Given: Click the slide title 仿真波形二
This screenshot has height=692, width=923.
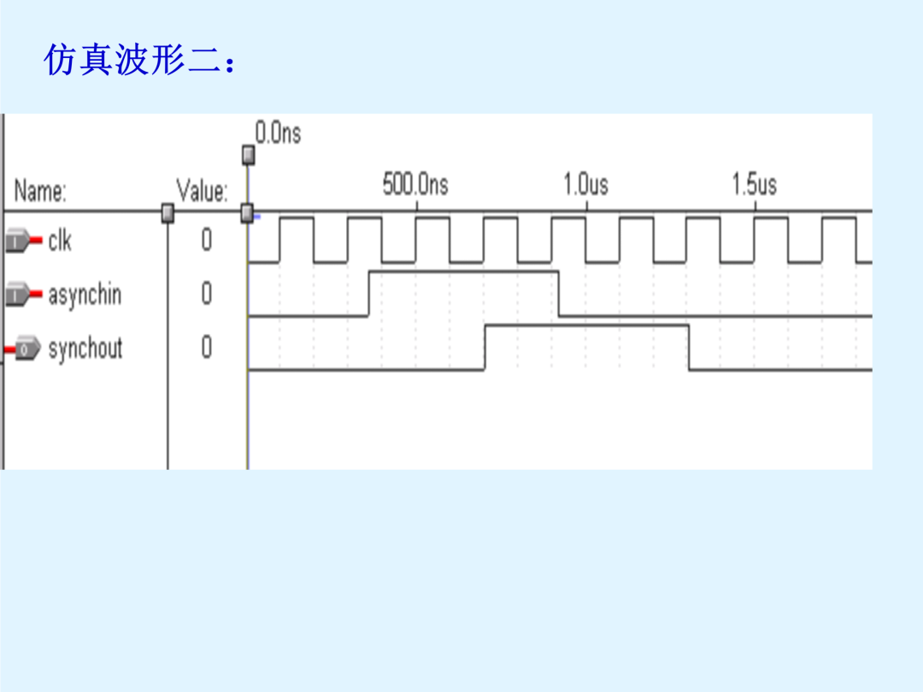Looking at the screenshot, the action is tap(133, 60).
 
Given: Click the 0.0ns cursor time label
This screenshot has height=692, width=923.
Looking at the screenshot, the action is tap(278, 133).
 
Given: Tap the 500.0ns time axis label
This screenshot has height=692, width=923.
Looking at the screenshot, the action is tap(415, 185).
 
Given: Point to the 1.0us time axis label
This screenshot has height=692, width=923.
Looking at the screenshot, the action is tap(585, 185).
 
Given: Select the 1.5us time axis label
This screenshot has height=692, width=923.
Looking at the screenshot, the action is tap(754, 185).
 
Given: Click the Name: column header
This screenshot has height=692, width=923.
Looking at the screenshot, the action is tap(40, 191).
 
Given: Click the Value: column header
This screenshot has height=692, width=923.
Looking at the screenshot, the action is tap(202, 191).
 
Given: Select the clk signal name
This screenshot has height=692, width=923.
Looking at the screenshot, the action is tap(60, 241).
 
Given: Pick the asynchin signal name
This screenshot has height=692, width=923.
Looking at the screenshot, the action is tap(85, 294).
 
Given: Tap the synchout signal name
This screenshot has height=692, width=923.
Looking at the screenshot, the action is tap(85, 348).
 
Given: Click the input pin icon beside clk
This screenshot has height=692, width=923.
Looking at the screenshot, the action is tap(24, 241).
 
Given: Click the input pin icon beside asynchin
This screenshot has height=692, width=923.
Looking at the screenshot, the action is tap(24, 294).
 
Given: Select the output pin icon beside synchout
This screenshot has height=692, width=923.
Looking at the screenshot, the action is tap(22, 349).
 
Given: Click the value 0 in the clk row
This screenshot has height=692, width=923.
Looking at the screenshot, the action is tap(207, 240).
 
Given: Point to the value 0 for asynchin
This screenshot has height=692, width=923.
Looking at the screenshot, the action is tap(207, 293).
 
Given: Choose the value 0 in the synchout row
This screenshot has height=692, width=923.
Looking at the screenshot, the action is tap(207, 347).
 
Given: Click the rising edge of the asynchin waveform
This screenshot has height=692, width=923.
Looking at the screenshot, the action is tap(369, 294).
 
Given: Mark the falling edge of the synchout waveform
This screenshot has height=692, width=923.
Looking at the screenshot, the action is tap(689, 347).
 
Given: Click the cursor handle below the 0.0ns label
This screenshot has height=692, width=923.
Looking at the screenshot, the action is tap(249, 155).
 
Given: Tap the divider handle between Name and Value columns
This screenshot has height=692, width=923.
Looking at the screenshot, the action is tap(168, 213).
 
